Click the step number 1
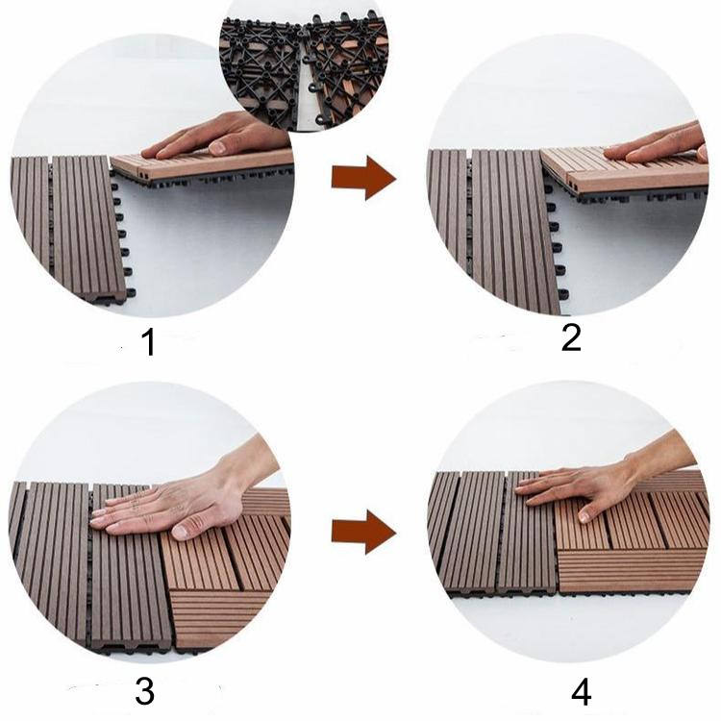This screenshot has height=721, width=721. [x=149, y=343]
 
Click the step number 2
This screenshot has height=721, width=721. [x=571, y=338]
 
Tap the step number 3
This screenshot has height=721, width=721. [x=145, y=691]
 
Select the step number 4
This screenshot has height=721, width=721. [x=582, y=692]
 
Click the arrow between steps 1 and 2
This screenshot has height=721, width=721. [x=363, y=178]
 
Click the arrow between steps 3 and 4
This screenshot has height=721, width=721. [x=363, y=532]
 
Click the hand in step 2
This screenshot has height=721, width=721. [x=658, y=145]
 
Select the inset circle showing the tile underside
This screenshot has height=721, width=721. [x=305, y=64]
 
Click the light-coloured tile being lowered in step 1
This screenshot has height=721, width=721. [x=202, y=164]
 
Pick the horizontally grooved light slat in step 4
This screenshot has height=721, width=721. [x=630, y=571]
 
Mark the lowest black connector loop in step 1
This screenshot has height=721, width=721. [x=130, y=292]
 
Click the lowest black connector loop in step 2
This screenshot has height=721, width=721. [x=563, y=294]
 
